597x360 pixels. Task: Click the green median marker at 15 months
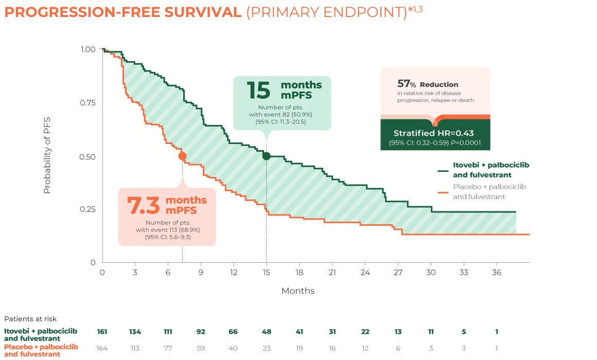pos(266,156)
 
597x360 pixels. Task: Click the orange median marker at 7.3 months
pos(182,156)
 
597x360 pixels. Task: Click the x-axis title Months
pos(297,291)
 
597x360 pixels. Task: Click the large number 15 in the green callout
pos(258,90)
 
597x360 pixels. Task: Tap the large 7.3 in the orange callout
pos(144,205)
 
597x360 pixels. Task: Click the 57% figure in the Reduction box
pos(407,84)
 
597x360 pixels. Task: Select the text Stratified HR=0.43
pos(435,133)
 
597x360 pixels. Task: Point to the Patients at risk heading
pos(30,319)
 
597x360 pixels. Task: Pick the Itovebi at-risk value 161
pos(102,332)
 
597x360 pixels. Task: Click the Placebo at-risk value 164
pos(102,349)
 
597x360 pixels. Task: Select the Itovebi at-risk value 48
pos(267,332)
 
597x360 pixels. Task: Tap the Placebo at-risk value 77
pos(168,349)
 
